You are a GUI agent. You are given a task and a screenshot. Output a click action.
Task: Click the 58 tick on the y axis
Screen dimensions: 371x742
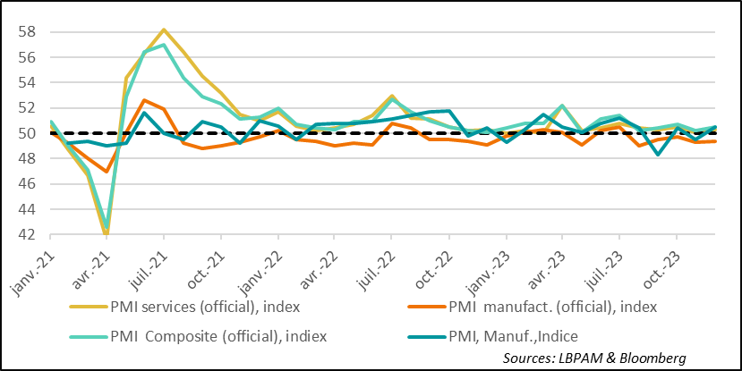[x=27, y=30]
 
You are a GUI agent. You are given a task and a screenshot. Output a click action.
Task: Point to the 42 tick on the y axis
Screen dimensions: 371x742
[x=27, y=234]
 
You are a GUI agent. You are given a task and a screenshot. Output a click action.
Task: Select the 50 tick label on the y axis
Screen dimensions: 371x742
[x=27, y=132]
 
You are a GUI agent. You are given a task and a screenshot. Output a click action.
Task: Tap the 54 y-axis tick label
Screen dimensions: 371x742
[x=27, y=81]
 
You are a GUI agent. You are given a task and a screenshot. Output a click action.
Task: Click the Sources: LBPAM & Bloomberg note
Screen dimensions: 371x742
[x=594, y=358]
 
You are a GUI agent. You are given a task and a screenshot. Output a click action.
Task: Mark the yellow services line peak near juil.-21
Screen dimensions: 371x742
[x=164, y=30]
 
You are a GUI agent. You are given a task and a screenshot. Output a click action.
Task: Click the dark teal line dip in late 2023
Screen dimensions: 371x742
[x=659, y=155]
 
